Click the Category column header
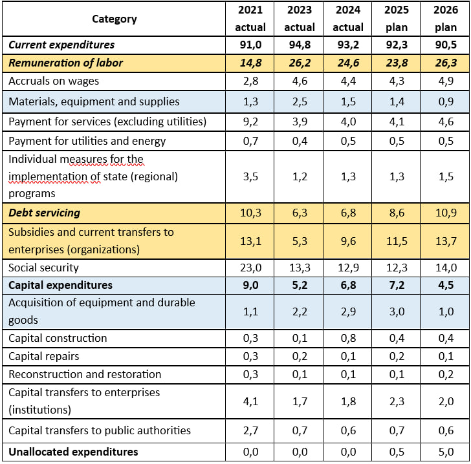(x=115, y=19)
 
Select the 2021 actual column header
(x=250, y=19)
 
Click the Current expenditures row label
(x=61, y=45)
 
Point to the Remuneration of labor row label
(x=65, y=63)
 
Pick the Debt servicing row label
(x=44, y=213)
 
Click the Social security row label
(x=44, y=268)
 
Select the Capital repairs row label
(x=44, y=356)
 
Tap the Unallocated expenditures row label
(x=73, y=452)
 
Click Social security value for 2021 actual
(x=250, y=268)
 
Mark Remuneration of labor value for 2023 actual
(x=300, y=63)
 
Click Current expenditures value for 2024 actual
(x=348, y=45)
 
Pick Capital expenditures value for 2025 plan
(x=396, y=285)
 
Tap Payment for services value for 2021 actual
(x=250, y=122)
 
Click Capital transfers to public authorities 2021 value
(x=250, y=430)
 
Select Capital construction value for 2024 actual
(x=348, y=338)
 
